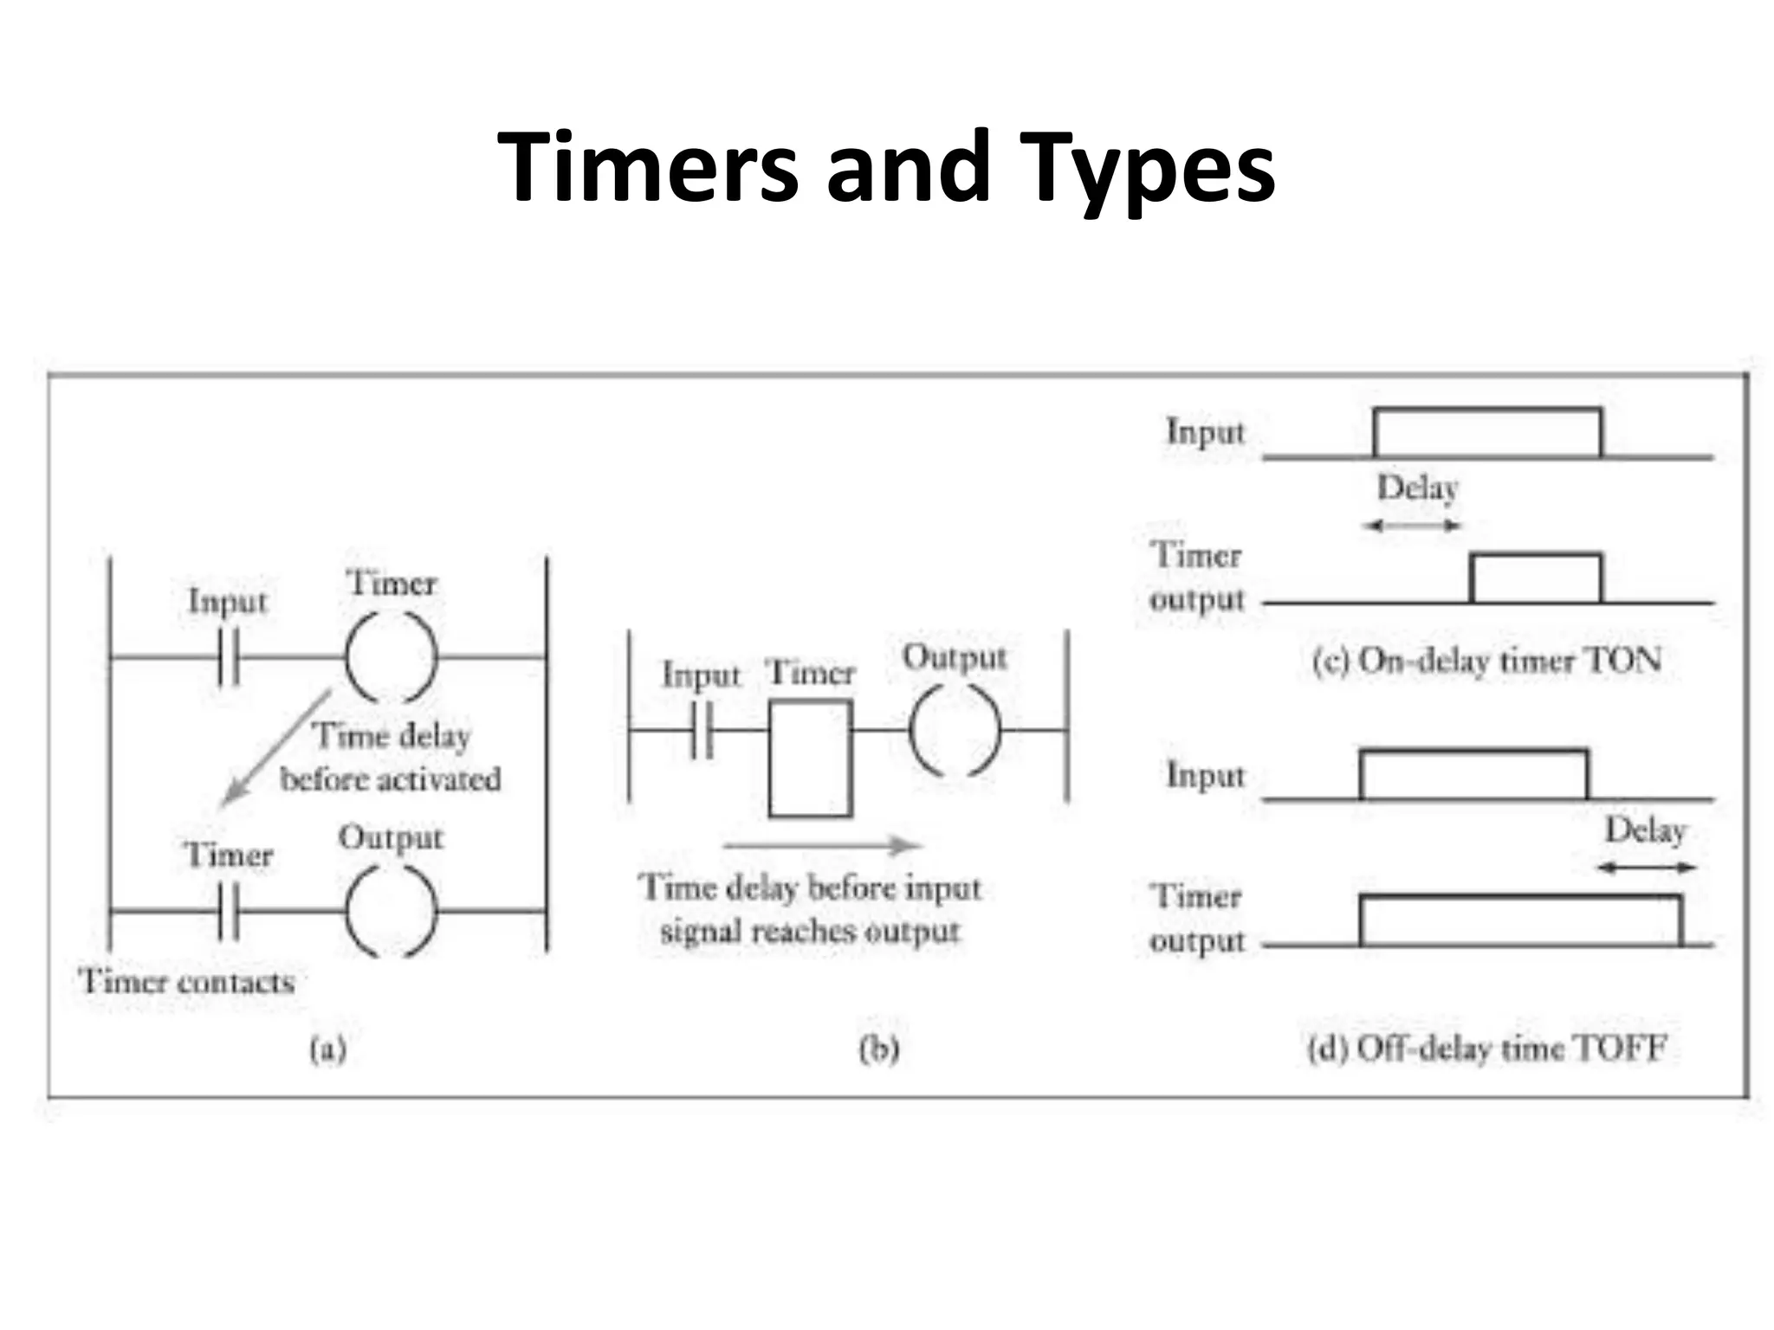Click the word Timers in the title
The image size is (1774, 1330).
coord(646,166)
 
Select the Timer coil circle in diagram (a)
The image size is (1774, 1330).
coord(391,657)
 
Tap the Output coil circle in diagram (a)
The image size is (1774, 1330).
coord(391,911)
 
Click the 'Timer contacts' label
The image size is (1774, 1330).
coord(186,982)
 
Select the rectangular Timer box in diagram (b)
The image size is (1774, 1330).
coord(810,759)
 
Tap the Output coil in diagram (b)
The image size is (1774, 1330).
coord(955,731)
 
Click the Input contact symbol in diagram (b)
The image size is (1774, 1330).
coord(702,731)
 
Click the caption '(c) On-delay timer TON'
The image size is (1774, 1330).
coord(1486,661)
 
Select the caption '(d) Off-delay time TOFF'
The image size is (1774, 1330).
coord(1486,1049)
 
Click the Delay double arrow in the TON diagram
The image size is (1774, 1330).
coord(1411,526)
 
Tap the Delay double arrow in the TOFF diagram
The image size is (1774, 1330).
coord(1646,868)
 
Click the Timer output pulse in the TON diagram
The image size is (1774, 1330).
coord(1536,577)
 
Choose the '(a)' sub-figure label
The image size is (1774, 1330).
coord(328,1049)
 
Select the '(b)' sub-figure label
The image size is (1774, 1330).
coord(878,1049)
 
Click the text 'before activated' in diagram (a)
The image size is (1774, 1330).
coord(391,779)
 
